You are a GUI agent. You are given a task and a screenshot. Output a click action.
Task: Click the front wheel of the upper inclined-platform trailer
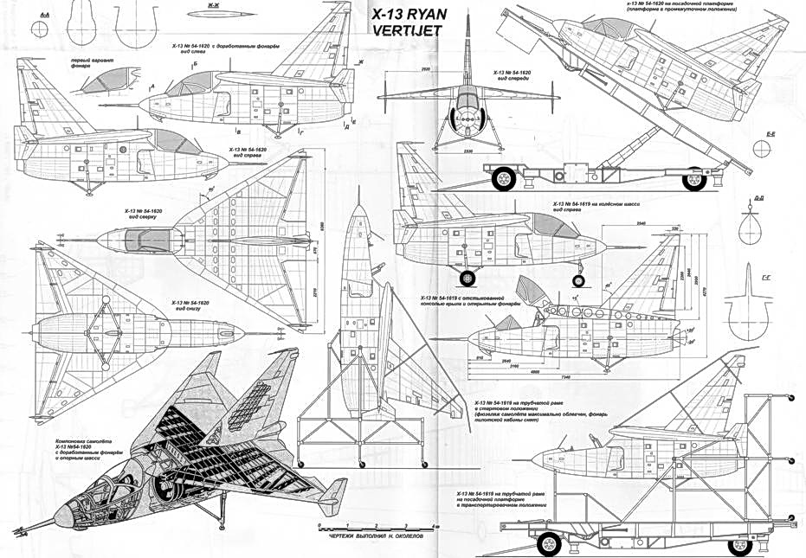coord(504,180)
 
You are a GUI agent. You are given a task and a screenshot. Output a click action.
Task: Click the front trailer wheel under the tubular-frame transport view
coord(548,544)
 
